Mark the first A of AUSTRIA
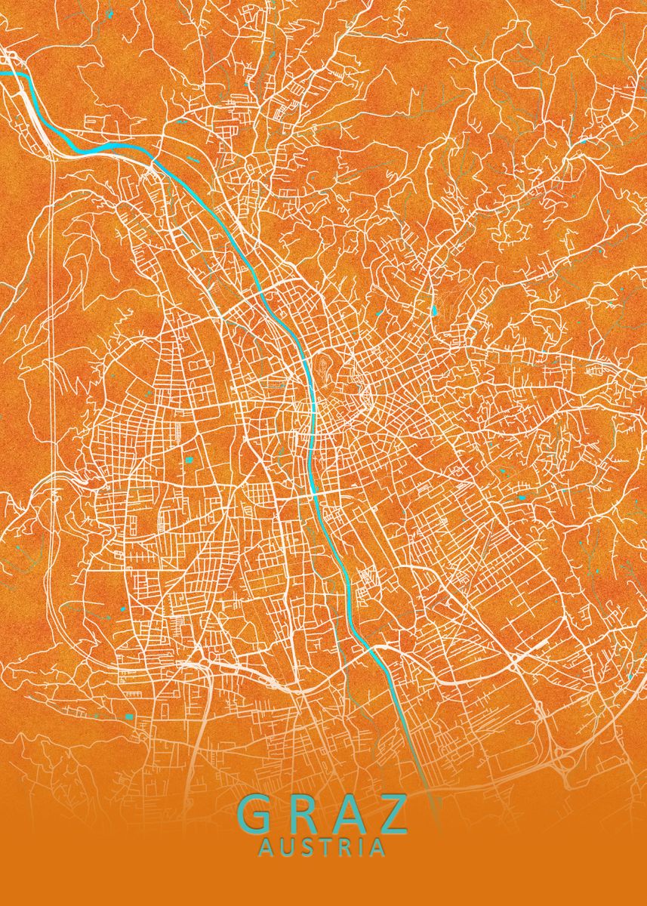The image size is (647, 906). [x=265, y=849]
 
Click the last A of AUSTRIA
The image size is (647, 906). [x=377, y=849]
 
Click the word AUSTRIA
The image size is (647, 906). [x=322, y=849]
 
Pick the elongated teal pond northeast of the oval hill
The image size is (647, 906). [x=436, y=310]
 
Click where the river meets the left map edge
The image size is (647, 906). [x=2, y=74]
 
